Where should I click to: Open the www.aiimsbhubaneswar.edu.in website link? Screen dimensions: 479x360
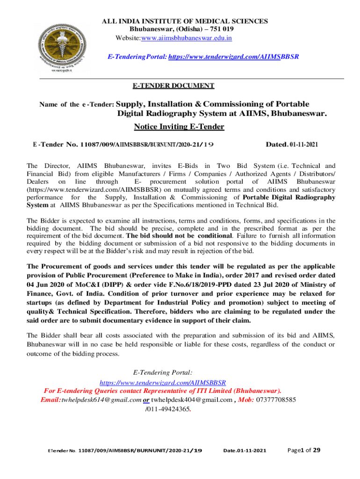(x=187, y=38)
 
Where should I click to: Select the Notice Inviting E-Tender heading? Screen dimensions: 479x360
(x=179, y=127)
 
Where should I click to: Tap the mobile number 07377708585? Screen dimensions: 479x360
(x=276, y=400)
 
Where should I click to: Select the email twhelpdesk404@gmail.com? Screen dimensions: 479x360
(x=192, y=400)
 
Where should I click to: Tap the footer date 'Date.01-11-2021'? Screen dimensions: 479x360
(x=245, y=451)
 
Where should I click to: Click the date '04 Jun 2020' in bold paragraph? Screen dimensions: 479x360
(x=47, y=284)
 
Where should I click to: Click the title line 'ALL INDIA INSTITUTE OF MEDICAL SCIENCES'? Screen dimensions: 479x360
(x=185, y=21)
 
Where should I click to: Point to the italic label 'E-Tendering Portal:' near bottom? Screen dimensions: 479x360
(x=163, y=373)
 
